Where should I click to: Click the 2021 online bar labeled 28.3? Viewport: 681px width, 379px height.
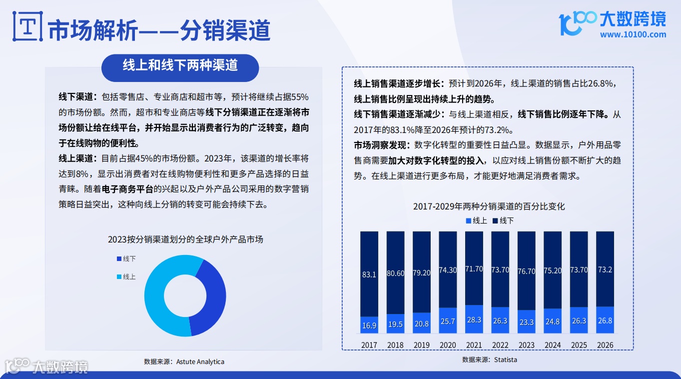[474, 319]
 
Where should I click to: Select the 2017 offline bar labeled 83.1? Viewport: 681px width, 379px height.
[369, 273]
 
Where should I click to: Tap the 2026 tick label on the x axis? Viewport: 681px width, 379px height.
[605, 345]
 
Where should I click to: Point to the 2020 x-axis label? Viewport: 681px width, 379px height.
[448, 345]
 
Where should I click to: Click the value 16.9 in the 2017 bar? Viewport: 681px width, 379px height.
[369, 325]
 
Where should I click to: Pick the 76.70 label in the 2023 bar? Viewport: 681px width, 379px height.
[526, 270]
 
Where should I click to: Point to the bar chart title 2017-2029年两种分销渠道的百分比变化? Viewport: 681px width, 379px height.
[489, 206]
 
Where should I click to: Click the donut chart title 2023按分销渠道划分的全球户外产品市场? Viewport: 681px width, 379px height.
[185, 239]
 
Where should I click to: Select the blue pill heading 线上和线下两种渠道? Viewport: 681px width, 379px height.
[180, 66]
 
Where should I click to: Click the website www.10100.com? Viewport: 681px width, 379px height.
[633, 35]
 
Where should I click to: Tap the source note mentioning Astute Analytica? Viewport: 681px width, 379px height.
[184, 361]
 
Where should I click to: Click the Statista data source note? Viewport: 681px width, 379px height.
[489, 359]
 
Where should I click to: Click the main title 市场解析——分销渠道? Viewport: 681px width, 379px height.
[159, 30]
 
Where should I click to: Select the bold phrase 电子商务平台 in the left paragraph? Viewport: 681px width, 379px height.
[127, 190]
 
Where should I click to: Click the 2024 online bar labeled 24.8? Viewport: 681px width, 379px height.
[553, 321]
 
